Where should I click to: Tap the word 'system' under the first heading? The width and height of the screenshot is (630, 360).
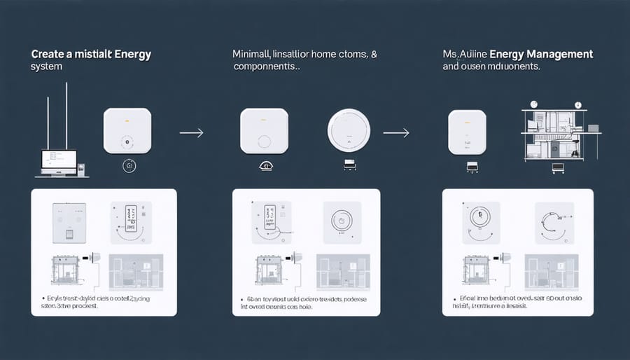[47, 67]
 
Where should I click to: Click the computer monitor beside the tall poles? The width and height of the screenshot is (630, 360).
[59, 162]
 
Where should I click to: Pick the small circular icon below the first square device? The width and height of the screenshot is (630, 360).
[128, 165]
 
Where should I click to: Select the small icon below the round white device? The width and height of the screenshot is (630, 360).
[348, 165]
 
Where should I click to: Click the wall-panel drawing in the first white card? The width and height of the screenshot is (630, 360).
[70, 223]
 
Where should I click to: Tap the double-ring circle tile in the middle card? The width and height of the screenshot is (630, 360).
[342, 223]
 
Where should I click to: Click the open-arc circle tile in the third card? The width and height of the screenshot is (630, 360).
[554, 223]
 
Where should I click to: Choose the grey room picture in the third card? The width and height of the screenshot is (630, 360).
[554, 271]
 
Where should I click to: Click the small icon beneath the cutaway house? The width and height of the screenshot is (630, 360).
[559, 167]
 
